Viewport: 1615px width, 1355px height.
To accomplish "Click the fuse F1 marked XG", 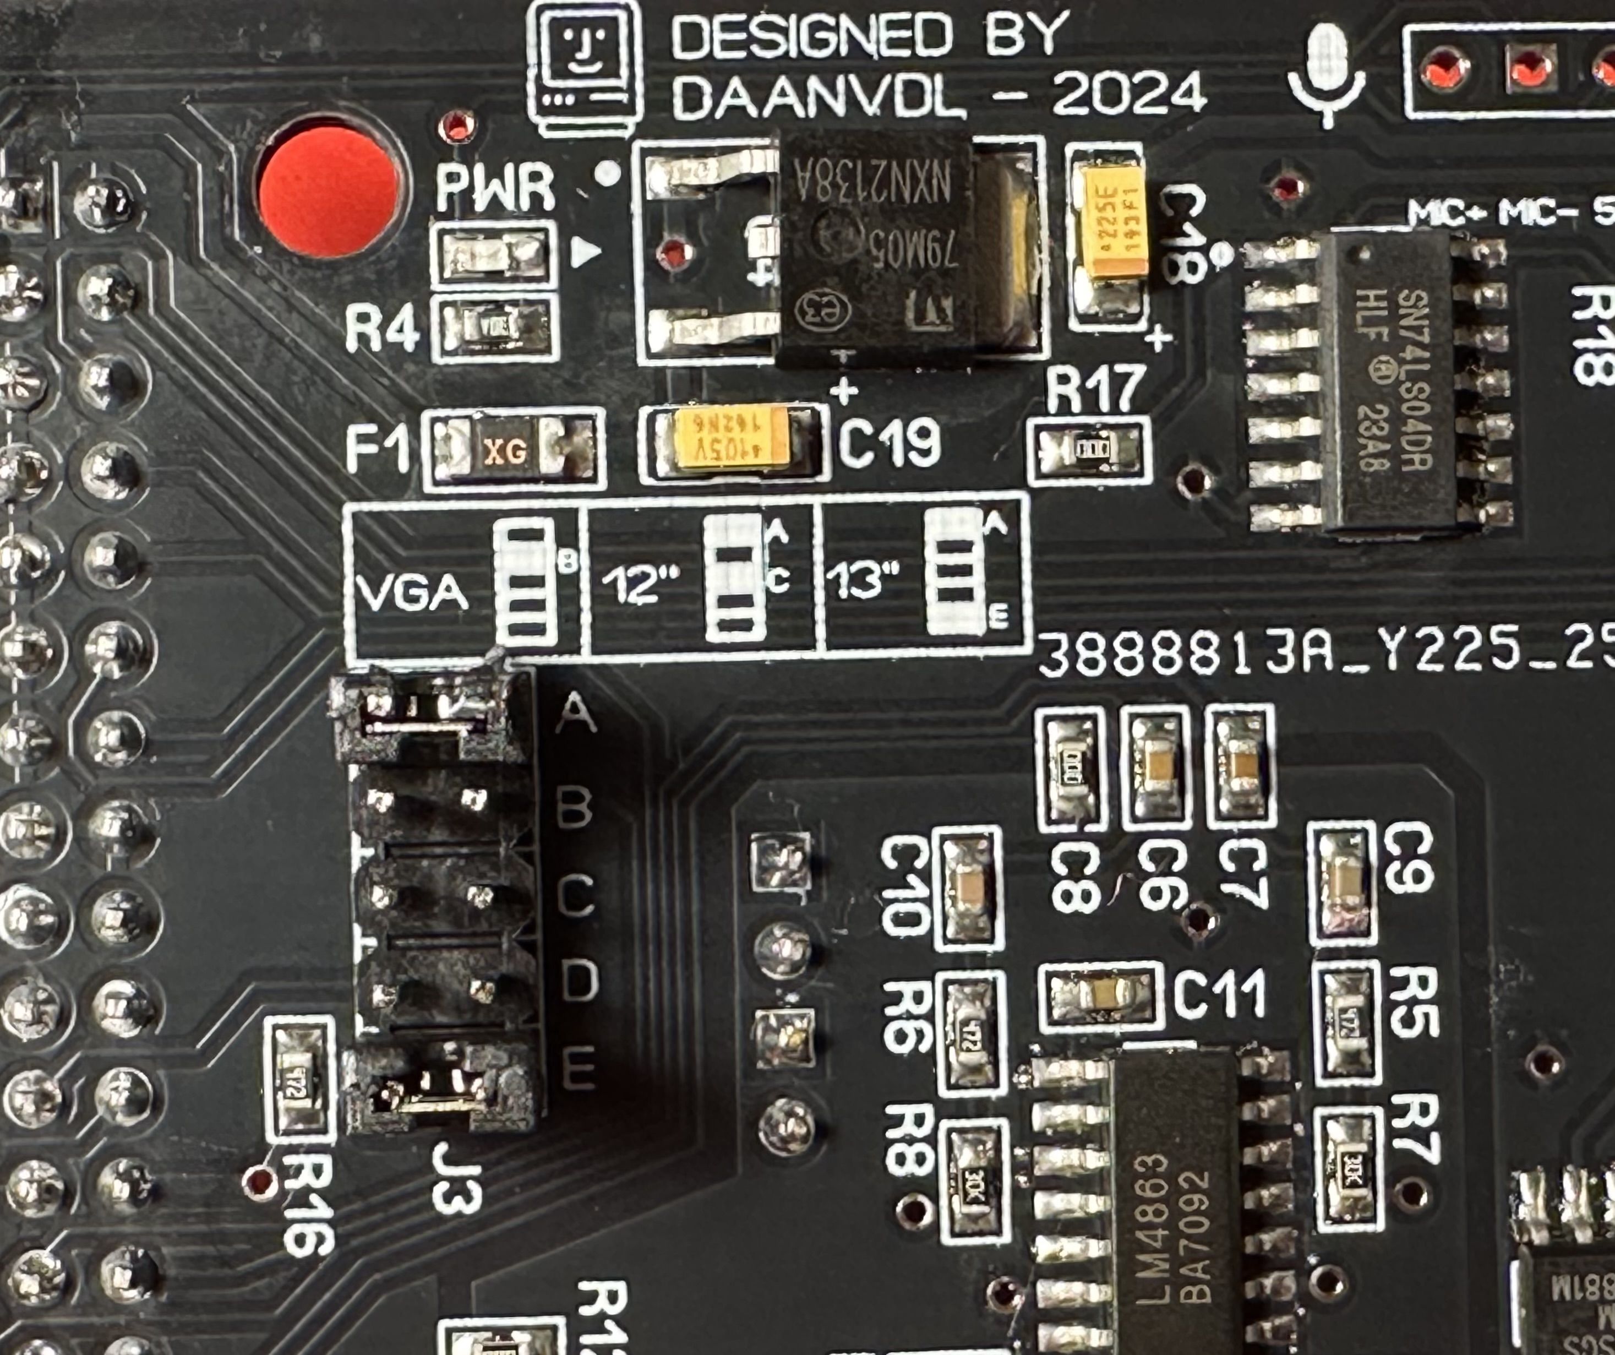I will pyautogui.click(x=506, y=451).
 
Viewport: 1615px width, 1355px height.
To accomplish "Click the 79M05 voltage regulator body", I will pyautogui.click(x=877, y=246).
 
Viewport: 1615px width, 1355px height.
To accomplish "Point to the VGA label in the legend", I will pyautogui.click(x=412, y=593).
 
